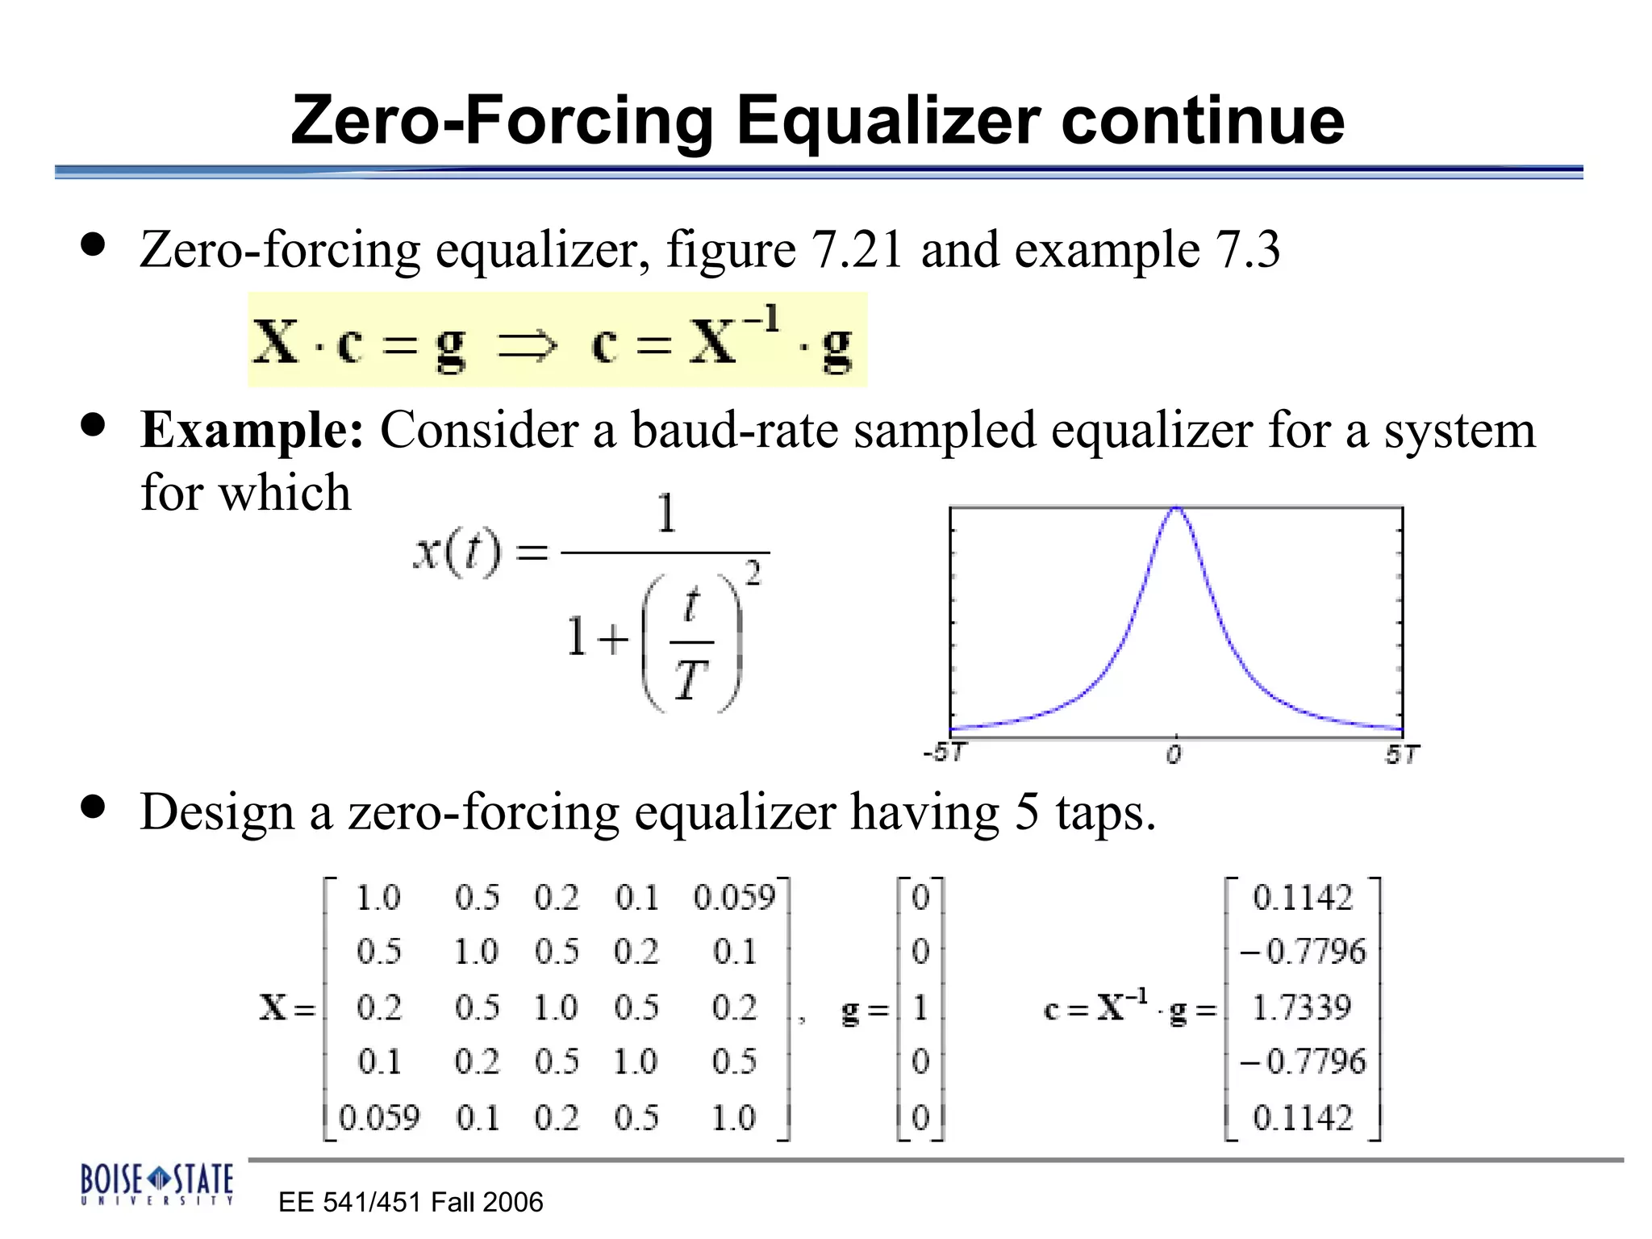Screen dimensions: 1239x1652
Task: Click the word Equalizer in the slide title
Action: click(x=888, y=121)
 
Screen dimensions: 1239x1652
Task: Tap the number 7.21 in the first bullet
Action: click(x=857, y=249)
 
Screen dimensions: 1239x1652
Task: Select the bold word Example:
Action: click(x=252, y=430)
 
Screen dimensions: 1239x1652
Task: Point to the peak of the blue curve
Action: click(x=1177, y=508)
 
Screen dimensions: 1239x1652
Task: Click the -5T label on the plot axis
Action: click(x=945, y=753)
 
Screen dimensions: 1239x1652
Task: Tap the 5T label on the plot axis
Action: click(x=1402, y=755)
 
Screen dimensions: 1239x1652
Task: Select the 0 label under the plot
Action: click(x=1174, y=755)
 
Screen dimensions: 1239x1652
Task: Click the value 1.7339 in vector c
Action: click(x=1301, y=1007)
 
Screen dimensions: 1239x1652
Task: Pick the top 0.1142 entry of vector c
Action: click(x=1302, y=898)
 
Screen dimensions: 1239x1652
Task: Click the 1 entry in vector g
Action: click(x=920, y=1007)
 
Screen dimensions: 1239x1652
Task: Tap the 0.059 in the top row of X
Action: click(x=734, y=898)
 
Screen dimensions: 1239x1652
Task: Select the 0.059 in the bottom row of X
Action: click(x=379, y=1118)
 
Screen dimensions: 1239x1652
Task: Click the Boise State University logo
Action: click(x=156, y=1183)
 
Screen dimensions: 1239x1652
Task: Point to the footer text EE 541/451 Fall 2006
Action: click(x=411, y=1203)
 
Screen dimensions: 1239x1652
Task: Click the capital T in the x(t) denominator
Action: click(x=690, y=680)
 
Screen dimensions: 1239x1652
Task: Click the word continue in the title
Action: click(x=1203, y=121)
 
